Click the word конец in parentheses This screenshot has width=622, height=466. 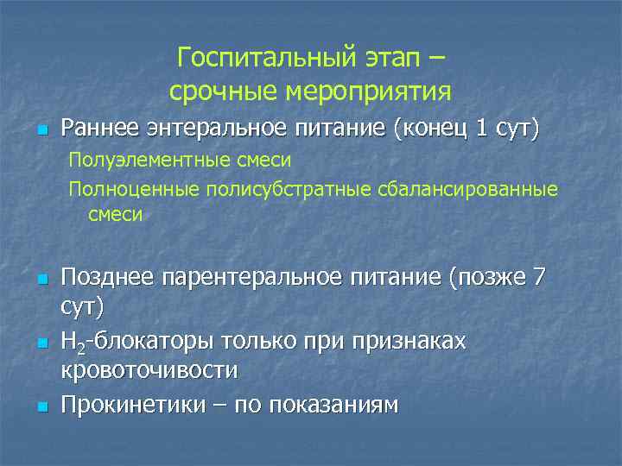click(x=435, y=129)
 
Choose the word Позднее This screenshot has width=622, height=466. click(x=107, y=278)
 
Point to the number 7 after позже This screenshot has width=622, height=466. click(x=539, y=278)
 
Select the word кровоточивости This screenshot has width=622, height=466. click(x=149, y=370)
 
